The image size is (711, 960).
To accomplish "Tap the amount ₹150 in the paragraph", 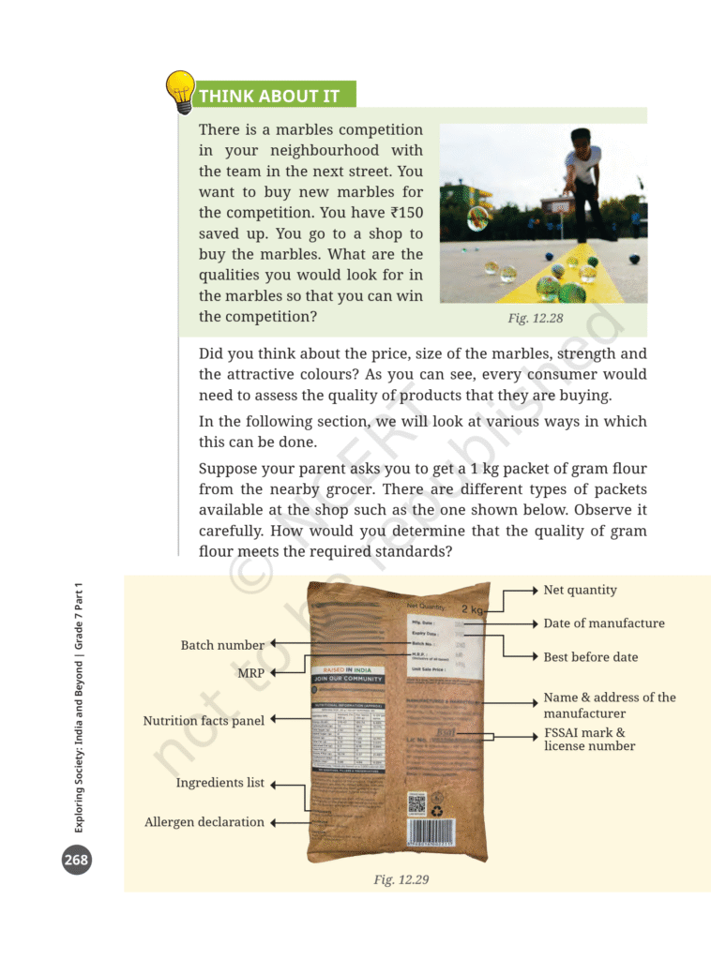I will [x=403, y=213].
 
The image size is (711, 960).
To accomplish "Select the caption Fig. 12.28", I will [x=535, y=319].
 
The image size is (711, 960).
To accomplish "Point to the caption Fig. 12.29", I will [x=401, y=879].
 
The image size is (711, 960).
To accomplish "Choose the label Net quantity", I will [x=580, y=590].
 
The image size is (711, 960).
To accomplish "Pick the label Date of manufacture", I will [x=603, y=623].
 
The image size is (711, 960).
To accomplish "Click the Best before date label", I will [x=590, y=657].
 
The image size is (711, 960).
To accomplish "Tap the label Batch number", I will [x=222, y=645].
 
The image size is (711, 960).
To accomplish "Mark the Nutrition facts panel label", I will [x=204, y=721].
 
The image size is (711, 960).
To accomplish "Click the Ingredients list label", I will [x=219, y=783].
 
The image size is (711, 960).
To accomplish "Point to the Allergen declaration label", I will [x=204, y=822].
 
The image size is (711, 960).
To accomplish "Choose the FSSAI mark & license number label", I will [x=589, y=739].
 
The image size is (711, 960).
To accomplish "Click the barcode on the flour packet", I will [x=431, y=833].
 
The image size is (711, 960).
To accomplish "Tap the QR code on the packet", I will [x=416, y=803].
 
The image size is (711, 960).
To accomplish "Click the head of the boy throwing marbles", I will [x=581, y=141].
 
